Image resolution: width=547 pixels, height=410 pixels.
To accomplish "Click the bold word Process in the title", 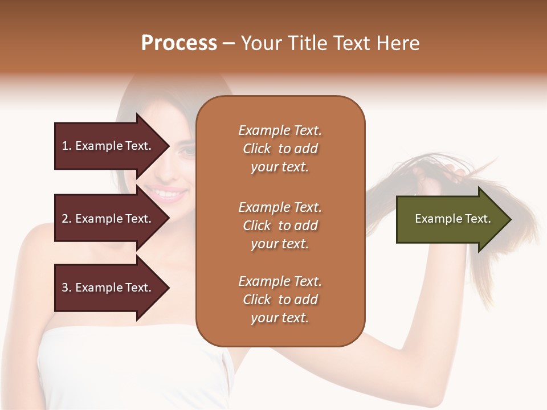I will (x=179, y=43).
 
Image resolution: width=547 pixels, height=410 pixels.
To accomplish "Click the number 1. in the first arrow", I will (x=67, y=146).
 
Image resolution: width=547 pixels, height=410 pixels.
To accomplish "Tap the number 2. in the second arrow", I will (x=67, y=219).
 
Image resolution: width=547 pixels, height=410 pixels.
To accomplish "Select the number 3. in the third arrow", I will (x=67, y=288).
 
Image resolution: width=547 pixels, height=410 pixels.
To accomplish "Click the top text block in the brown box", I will (x=280, y=149).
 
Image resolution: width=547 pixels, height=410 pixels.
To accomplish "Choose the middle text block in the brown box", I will (x=280, y=225).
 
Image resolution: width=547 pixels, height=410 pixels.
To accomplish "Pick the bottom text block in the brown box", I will (x=280, y=300).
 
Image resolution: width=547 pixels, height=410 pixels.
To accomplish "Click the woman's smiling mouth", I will (x=170, y=194).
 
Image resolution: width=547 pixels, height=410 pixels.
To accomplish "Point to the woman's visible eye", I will (x=186, y=151).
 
